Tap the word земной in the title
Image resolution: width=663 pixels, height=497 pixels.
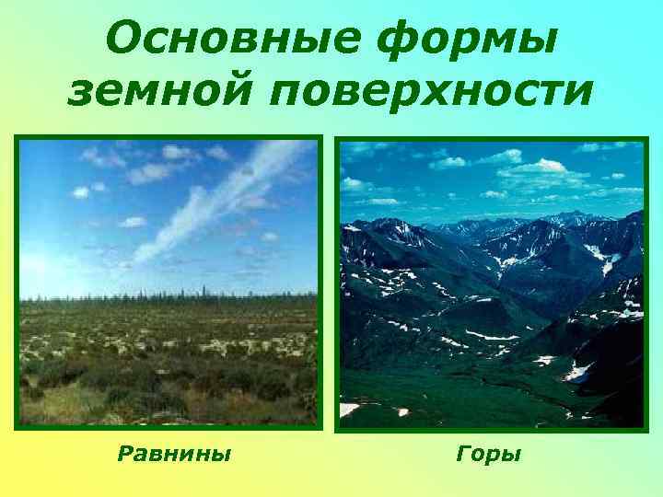coord(157,92)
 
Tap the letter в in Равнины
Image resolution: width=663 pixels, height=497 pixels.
coord(156,454)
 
